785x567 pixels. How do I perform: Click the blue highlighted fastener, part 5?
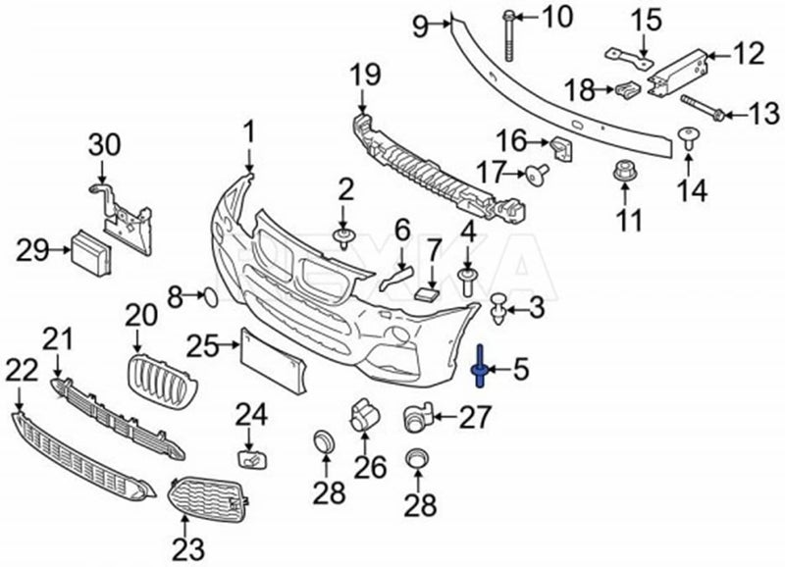coord(480,366)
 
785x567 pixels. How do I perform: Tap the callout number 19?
coord(365,76)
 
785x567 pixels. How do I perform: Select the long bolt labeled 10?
coord(508,37)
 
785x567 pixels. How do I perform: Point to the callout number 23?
coord(188,549)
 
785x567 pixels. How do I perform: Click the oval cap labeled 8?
coord(210,298)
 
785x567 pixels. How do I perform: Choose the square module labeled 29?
coord(90,253)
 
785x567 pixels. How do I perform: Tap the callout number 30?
coord(105,145)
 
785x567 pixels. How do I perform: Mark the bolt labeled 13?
coord(701,108)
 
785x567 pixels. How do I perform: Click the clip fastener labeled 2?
coord(342,238)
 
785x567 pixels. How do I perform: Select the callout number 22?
coord(22,371)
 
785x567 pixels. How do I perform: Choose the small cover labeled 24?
coord(252,459)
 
